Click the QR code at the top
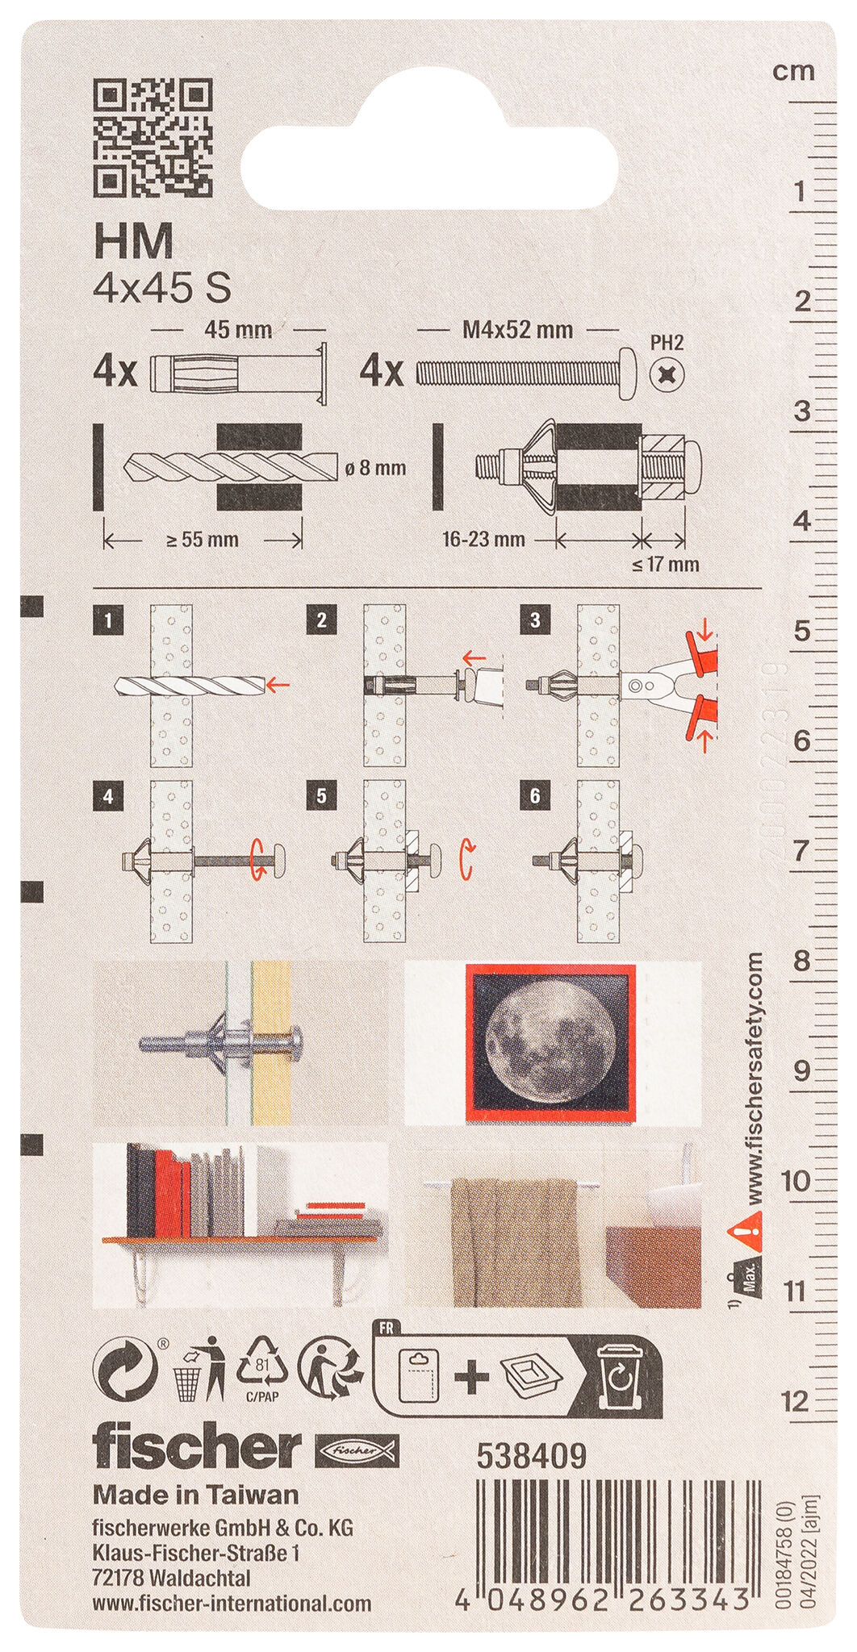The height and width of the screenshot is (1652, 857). [x=153, y=138]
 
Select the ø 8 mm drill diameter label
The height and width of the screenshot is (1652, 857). [x=376, y=468]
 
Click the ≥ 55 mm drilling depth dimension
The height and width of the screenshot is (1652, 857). [x=203, y=540]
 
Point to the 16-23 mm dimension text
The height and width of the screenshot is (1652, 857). [x=483, y=539]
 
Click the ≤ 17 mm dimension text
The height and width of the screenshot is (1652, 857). [x=666, y=564]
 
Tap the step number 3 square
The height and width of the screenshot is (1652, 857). [x=535, y=620]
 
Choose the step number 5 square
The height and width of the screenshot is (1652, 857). [x=321, y=796]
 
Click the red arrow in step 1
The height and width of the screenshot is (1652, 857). [x=278, y=686]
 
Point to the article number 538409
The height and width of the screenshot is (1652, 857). [x=531, y=1456]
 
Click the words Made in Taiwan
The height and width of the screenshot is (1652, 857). [x=196, y=1495]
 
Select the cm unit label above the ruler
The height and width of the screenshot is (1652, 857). [x=793, y=71]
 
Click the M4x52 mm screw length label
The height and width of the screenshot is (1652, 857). [x=517, y=329]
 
